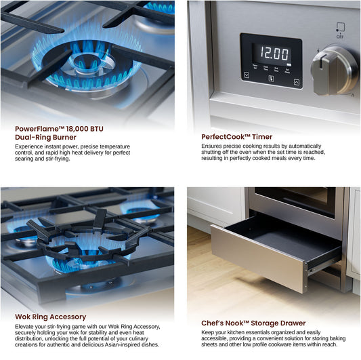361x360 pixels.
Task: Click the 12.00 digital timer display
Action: click(274, 54)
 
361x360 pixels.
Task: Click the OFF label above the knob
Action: click(340, 37)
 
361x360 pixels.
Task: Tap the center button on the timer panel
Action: click(272, 79)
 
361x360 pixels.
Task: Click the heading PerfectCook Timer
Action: click(236, 137)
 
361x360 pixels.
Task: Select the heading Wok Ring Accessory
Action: click(50, 317)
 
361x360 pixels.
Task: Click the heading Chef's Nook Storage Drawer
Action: click(253, 323)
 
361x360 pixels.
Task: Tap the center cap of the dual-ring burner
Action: click(87, 62)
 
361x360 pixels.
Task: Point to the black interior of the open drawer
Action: click(288, 240)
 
